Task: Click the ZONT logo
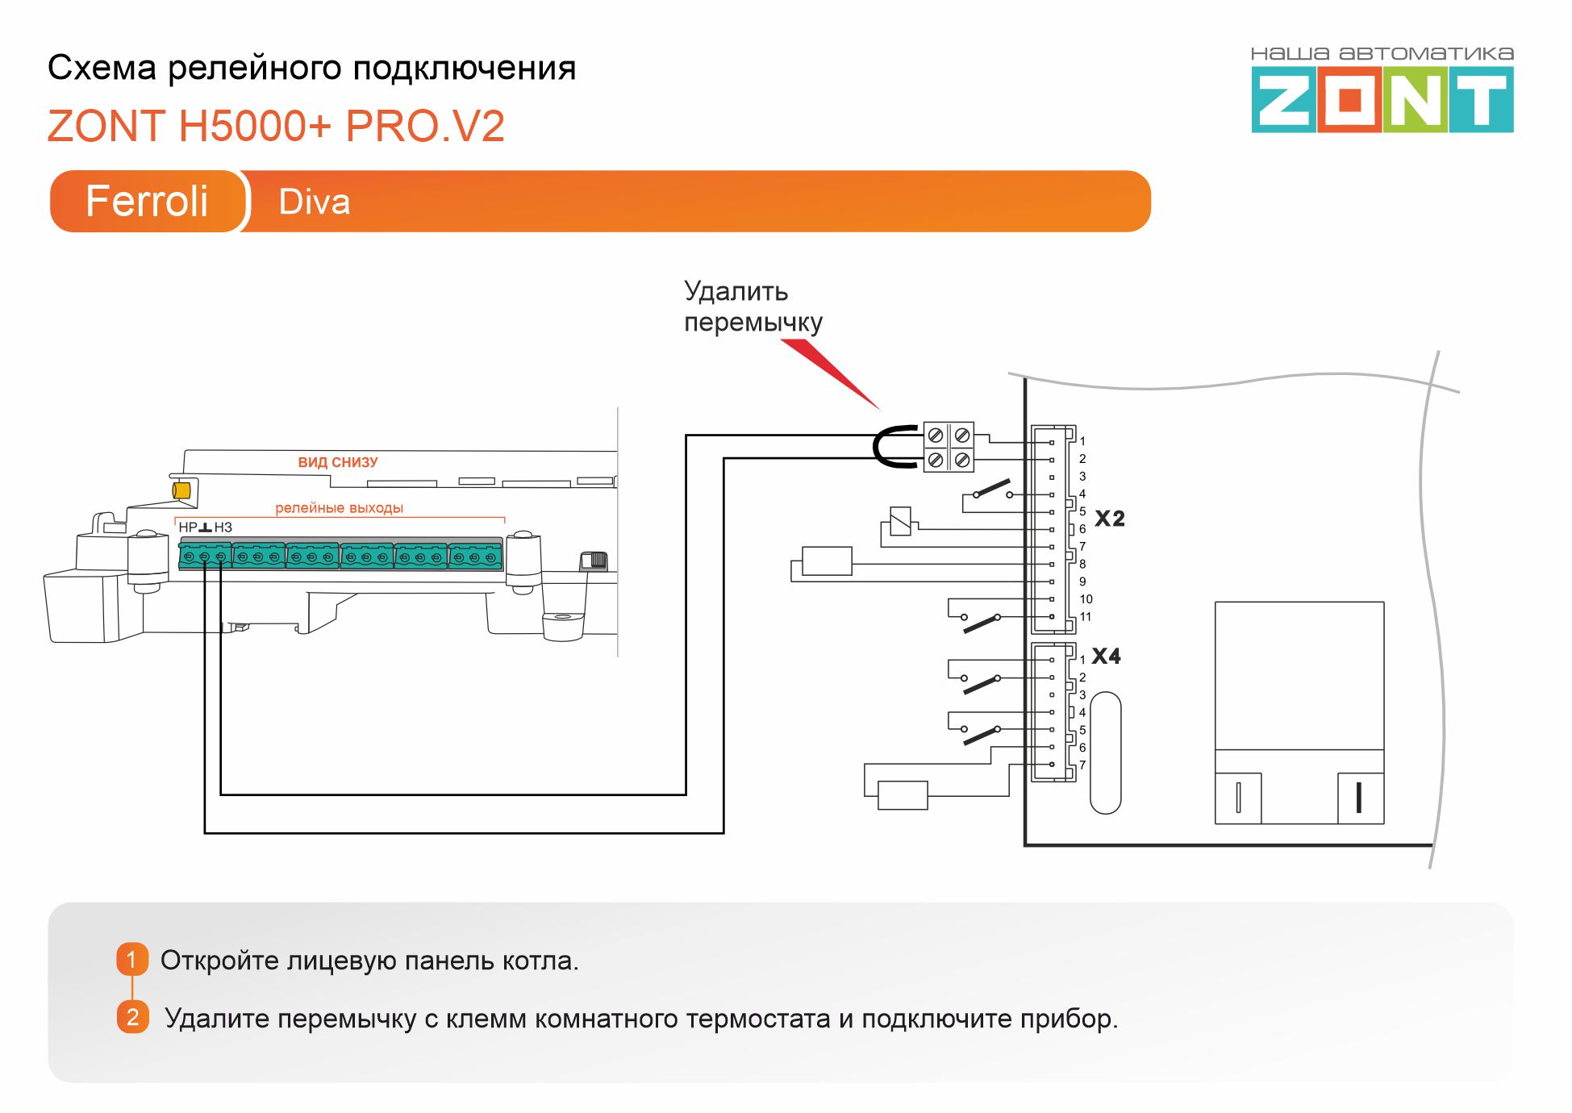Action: pos(1382,98)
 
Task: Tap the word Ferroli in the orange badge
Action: pos(147,201)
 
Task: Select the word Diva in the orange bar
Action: pos(314,202)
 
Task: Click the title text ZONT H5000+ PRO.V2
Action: pos(276,126)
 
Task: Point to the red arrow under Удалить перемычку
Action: pos(831,373)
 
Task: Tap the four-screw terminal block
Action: pos(949,447)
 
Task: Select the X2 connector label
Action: pos(1109,519)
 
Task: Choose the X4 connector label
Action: pos(1106,657)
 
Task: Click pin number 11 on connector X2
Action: pos(1086,617)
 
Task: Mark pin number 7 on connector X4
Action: pos(1082,765)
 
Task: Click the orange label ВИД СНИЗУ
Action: pos(338,462)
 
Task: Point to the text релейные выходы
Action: pos(339,508)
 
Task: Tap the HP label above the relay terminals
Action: pos(187,527)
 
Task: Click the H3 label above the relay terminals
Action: pos(223,527)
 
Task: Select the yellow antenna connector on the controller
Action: pos(181,490)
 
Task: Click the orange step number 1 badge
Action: pos(132,960)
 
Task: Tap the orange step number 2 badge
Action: pos(132,1017)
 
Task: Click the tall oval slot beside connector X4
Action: pos(1105,752)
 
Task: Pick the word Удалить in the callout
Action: pos(736,291)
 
